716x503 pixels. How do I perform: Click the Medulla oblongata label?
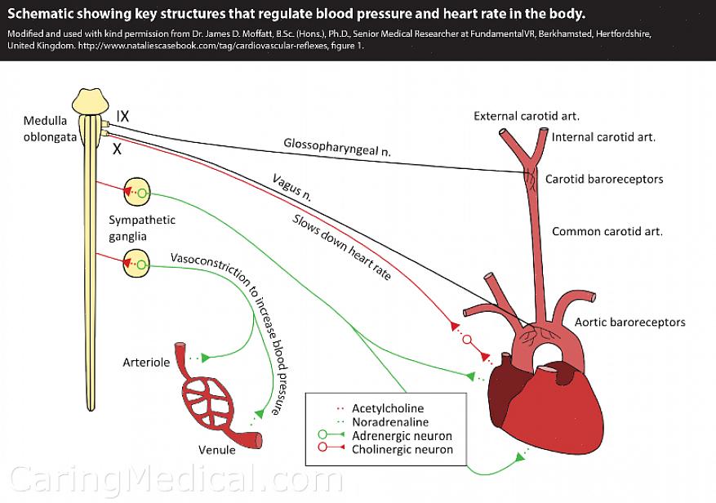(50, 129)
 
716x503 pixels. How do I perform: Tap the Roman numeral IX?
(122, 116)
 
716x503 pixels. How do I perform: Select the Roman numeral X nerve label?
(117, 149)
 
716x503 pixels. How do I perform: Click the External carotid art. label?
(527, 116)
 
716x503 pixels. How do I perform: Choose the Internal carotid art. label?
(603, 137)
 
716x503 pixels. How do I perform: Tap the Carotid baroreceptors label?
(603, 179)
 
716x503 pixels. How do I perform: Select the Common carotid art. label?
(607, 231)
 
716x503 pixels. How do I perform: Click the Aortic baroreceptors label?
(629, 322)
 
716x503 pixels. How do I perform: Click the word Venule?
(216, 449)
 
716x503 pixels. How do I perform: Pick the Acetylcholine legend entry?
(387, 408)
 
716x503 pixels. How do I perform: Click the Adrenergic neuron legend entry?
(401, 436)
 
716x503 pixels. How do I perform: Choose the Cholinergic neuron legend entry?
(402, 449)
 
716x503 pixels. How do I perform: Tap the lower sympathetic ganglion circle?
(138, 264)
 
